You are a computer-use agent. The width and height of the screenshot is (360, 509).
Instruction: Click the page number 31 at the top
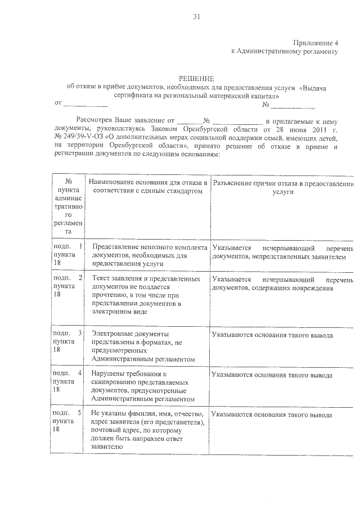tap(197, 16)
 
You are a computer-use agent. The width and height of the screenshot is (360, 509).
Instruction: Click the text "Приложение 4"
tap(316, 43)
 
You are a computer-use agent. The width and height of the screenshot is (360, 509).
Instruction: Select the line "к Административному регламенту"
tap(284, 52)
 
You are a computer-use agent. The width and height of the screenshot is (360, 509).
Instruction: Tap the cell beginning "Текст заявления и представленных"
tap(147, 295)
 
